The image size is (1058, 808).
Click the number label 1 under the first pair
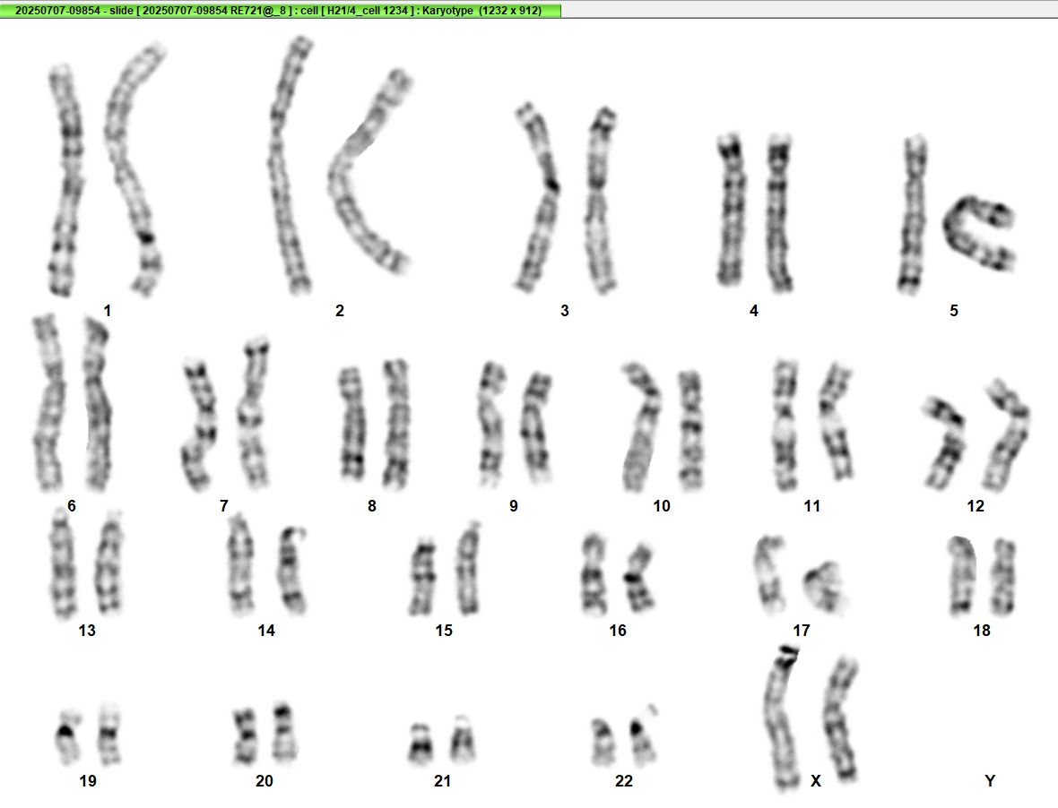(108, 311)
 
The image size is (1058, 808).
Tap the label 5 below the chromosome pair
(953, 311)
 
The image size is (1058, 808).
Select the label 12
(975, 505)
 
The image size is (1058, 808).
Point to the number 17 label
(801, 630)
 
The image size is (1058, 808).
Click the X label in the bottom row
(816, 780)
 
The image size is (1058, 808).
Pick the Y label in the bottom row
(990, 780)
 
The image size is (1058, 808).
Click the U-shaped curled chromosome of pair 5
(978, 233)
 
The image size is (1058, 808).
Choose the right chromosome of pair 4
(778, 212)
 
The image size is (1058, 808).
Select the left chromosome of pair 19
(66, 736)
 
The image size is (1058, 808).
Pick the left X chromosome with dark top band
(781, 717)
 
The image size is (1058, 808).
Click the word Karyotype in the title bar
(448, 10)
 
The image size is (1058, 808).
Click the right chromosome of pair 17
(825, 586)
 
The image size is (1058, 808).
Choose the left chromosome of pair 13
(63, 564)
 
